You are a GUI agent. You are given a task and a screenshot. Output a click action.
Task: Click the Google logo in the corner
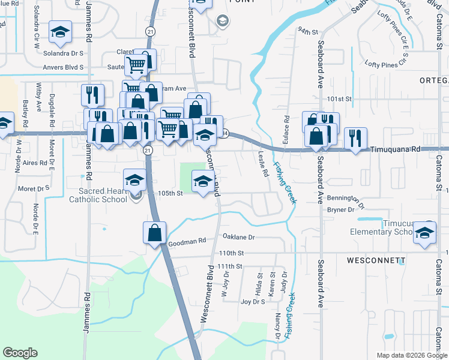pyautogui.click(x=20, y=353)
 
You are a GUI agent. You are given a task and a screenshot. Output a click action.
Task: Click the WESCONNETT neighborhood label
pyautogui.click(x=376, y=260)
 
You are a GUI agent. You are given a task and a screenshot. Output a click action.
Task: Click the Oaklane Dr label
pyautogui.click(x=239, y=237)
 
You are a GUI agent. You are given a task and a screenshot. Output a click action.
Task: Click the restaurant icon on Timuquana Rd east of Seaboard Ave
pyautogui.click(x=355, y=139)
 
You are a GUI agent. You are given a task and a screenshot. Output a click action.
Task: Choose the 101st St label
pyautogui.click(x=339, y=98)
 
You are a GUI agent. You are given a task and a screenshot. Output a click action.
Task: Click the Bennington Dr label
pyautogui.click(x=345, y=199)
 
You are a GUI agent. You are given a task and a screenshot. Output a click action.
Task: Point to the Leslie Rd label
pyautogui.click(x=263, y=164)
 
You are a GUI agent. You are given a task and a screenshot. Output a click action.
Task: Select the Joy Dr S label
pyautogui.click(x=253, y=302)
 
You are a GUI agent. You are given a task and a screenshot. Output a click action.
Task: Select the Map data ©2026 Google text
pyautogui.click(x=411, y=355)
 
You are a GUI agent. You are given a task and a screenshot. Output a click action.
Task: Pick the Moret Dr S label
pyautogui.click(x=34, y=188)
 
